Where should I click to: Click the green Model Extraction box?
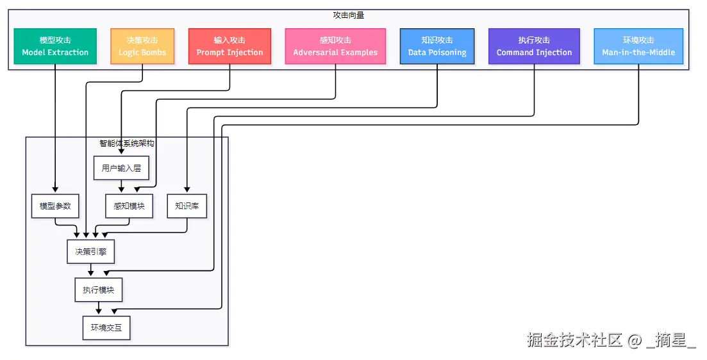click(55, 46)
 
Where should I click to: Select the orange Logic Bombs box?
click(142, 46)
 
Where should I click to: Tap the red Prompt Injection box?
click(229, 46)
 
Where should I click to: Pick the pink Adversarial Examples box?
click(335, 46)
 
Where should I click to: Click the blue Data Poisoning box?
click(437, 46)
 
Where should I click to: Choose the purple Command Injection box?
click(535, 46)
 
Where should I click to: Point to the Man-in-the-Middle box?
click(638, 46)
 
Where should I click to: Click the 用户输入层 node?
click(121, 168)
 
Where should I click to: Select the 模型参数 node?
click(55, 206)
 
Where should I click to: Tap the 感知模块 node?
click(129, 206)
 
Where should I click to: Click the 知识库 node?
click(187, 206)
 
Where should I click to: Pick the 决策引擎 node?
click(90, 251)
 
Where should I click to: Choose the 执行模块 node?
click(98, 290)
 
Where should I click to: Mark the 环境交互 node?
click(106, 327)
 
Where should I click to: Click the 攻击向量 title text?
click(349, 15)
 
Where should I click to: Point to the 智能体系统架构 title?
click(127, 143)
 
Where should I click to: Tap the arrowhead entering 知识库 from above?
click(187, 190)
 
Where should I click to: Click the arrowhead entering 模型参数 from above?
click(55, 190)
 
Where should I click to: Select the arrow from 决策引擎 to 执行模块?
click(90, 270)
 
